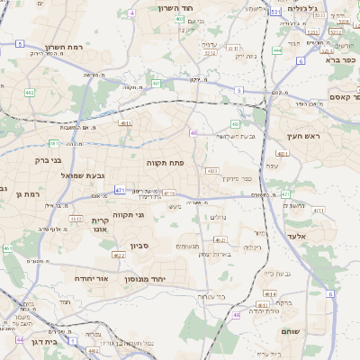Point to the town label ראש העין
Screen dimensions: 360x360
pos(304,135)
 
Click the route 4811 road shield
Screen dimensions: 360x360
pos(125,123)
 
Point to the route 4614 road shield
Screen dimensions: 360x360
pos(269,293)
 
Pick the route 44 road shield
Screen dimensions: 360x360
pos(20,340)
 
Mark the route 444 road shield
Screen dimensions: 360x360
pos(277,50)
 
